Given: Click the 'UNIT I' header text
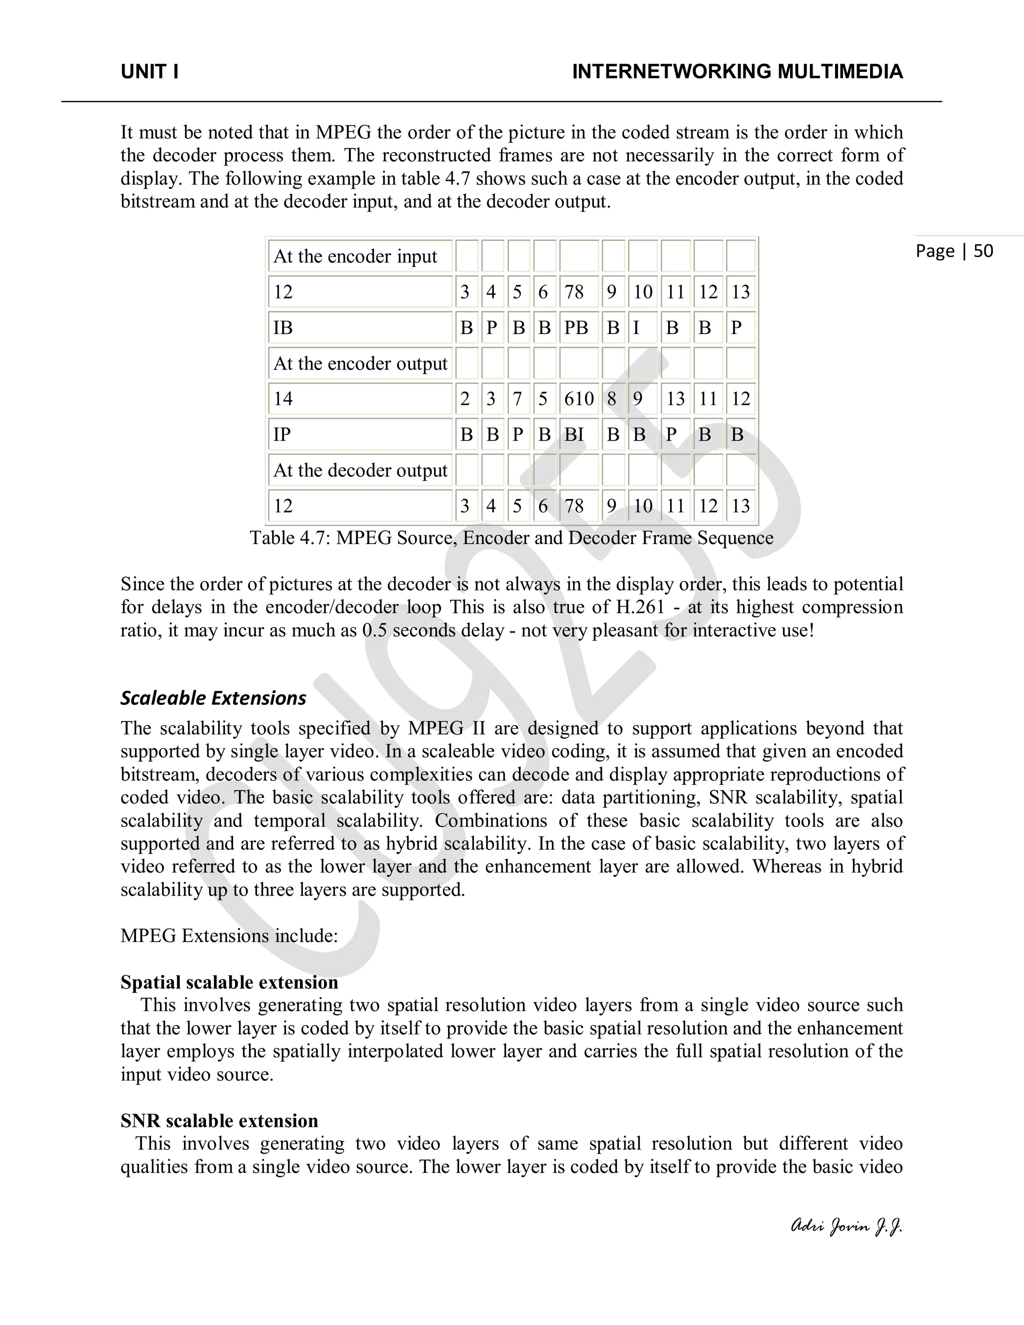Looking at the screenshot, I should click(149, 71).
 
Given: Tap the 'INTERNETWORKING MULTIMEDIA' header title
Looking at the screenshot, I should click(737, 71).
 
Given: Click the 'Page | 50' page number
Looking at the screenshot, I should click(954, 250).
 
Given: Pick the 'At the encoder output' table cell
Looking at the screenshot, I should click(360, 363).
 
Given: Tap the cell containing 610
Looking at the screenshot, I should click(578, 398).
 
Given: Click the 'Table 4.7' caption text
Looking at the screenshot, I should click(511, 537).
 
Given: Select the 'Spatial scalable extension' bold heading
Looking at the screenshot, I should click(229, 982).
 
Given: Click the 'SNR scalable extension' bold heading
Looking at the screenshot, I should click(219, 1120).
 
